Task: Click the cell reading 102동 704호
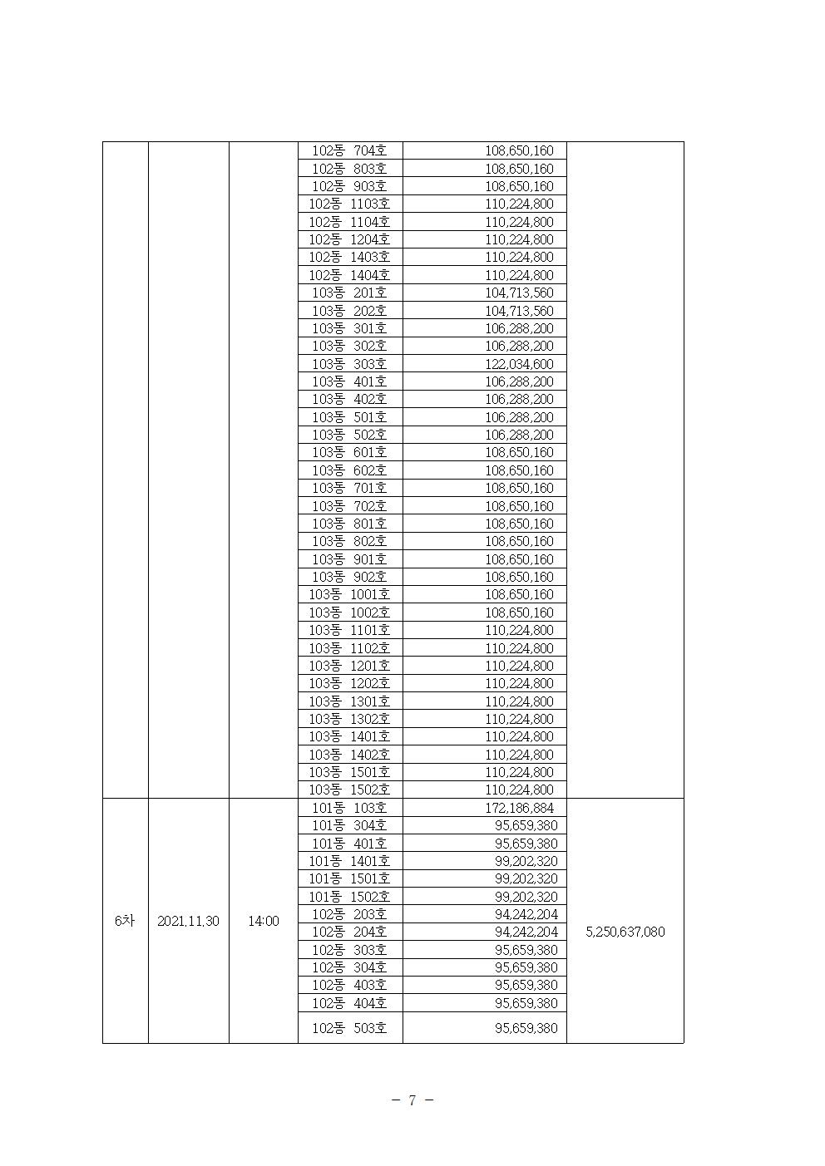(x=349, y=151)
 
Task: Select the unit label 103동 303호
(x=349, y=364)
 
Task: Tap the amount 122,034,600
(x=519, y=364)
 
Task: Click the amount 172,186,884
(x=519, y=808)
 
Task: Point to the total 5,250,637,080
(x=625, y=932)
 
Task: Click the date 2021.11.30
(x=188, y=922)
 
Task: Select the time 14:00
(x=263, y=922)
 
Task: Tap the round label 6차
(x=125, y=922)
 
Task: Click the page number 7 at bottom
(x=412, y=1100)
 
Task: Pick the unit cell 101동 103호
(x=349, y=808)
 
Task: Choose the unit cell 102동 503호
(x=349, y=1028)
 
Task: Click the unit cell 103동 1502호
(x=349, y=790)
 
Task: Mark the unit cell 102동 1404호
(x=349, y=275)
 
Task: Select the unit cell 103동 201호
(x=349, y=293)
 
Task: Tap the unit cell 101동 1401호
(x=349, y=861)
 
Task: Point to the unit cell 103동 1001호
(x=349, y=594)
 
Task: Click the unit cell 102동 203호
(x=349, y=914)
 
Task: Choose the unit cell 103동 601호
(x=349, y=452)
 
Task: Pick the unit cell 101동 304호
(x=349, y=825)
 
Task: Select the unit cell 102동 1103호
(x=349, y=204)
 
